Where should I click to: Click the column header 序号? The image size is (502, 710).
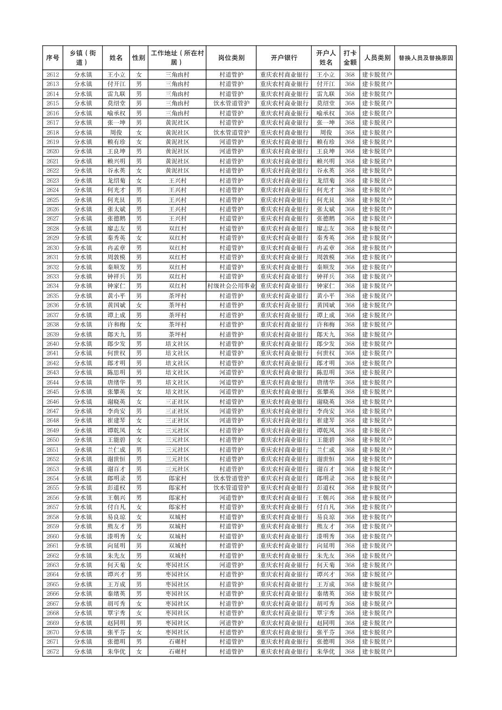pyautogui.click(x=53, y=58)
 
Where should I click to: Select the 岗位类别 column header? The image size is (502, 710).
pyautogui.click(x=231, y=58)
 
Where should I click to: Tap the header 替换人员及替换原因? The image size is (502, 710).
pyautogui.click(x=425, y=58)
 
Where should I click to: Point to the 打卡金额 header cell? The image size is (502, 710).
pyautogui.click(x=350, y=58)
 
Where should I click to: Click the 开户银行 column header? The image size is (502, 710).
pyautogui.click(x=284, y=58)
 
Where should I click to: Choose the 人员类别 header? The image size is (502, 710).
pyautogui.click(x=377, y=58)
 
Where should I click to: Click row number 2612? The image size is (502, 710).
pyautogui.click(x=53, y=75)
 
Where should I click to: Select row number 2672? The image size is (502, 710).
pyautogui.click(x=53, y=652)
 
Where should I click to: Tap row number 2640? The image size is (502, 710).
pyautogui.click(x=53, y=344)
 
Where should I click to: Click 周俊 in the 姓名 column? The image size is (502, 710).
pyautogui.click(x=116, y=133)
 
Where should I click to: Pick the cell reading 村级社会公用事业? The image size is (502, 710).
pyautogui.click(x=231, y=286)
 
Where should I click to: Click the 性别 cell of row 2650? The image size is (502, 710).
pyautogui.click(x=139, y=440)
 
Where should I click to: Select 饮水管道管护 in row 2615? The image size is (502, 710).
pyautogui.click(x=231, y=103)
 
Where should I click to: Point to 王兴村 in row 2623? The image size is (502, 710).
pyautogui.click(x=177, y=180)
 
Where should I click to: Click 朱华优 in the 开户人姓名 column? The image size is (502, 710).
pyautogui.click(x=326, y=652)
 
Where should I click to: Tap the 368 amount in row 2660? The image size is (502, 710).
pyautogui.click(x=350, y=536)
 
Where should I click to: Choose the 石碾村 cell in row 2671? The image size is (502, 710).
pyautogui.click(x=177, y=642)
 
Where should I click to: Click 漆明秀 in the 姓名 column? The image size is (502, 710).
pyautogui.click(x=116, y=536)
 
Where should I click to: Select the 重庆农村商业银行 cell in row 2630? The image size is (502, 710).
pyautogui.click(x=284, y=248)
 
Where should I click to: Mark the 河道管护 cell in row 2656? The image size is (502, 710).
pyautogui.click(x=231, y=497)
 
